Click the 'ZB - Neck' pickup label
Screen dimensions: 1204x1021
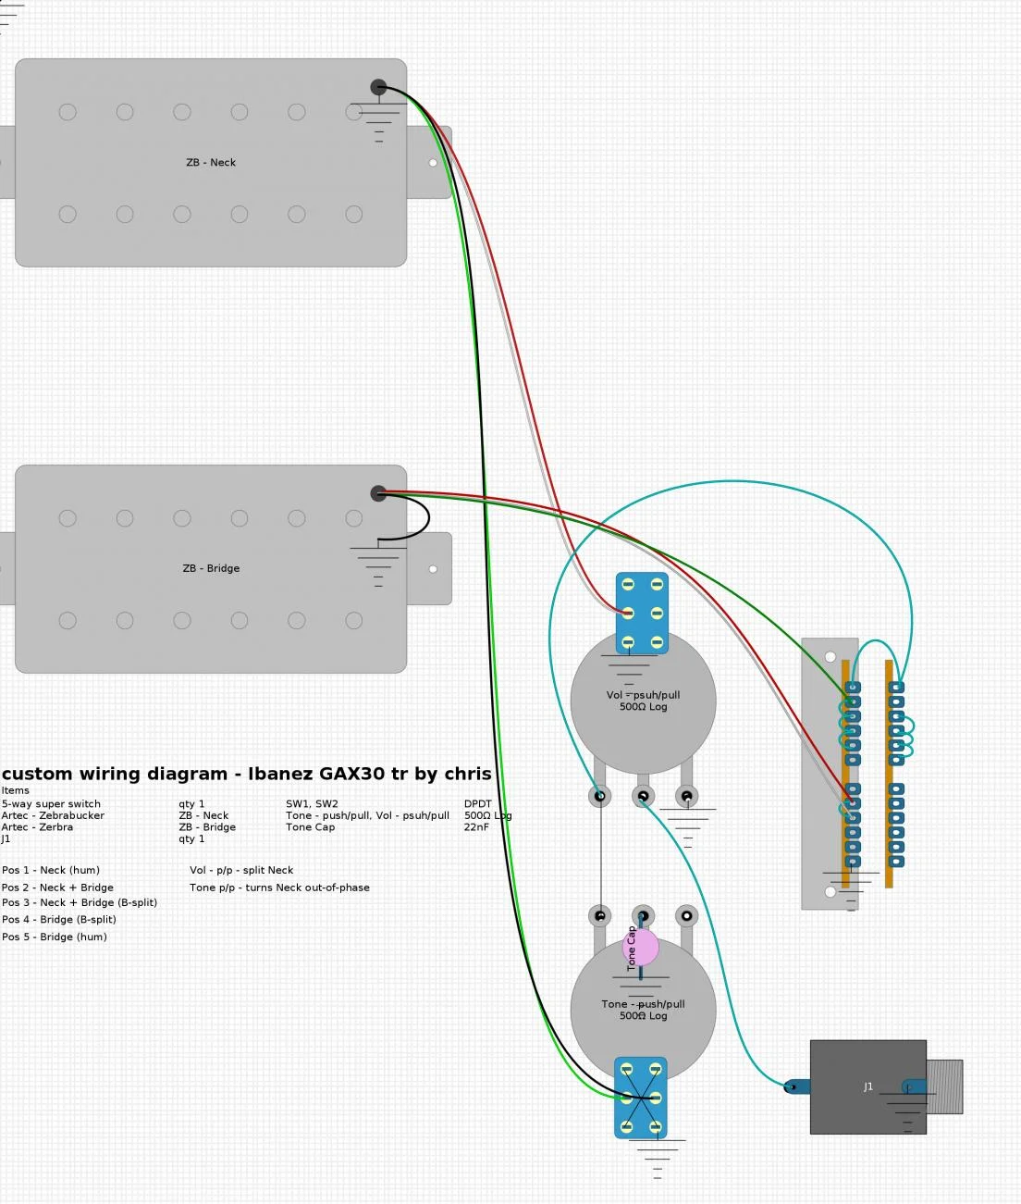pos(211,163)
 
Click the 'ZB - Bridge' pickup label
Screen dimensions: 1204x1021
pos(211,568)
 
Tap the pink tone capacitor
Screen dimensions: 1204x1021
pos(642,948)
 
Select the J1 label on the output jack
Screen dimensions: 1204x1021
pos(867,1087)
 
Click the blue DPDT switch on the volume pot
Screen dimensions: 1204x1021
pos(642,614)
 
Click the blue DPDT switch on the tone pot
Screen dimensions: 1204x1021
pos(641,1098)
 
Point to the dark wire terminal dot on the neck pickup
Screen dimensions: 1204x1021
pos(378,87)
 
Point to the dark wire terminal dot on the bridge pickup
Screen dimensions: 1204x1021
pos(378,493)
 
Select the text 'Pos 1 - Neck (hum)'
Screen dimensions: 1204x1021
pos(51,870)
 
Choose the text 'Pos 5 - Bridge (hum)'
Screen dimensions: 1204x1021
pos(55,937)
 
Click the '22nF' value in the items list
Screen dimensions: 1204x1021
pos(476,827)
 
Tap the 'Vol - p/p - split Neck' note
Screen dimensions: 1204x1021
pos(241,870)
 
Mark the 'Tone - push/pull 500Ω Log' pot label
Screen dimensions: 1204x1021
pos(643,1010)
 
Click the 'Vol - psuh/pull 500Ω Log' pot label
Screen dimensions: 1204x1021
pos(643,701)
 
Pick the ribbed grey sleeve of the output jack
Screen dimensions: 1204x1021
pos(944,1086)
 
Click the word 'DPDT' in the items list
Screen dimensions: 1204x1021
pos(478,804)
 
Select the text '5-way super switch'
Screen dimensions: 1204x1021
pos(51,804)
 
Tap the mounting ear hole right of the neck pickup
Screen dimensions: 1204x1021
pos(433,163)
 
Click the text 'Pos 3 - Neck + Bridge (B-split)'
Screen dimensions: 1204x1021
pos(80,902)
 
